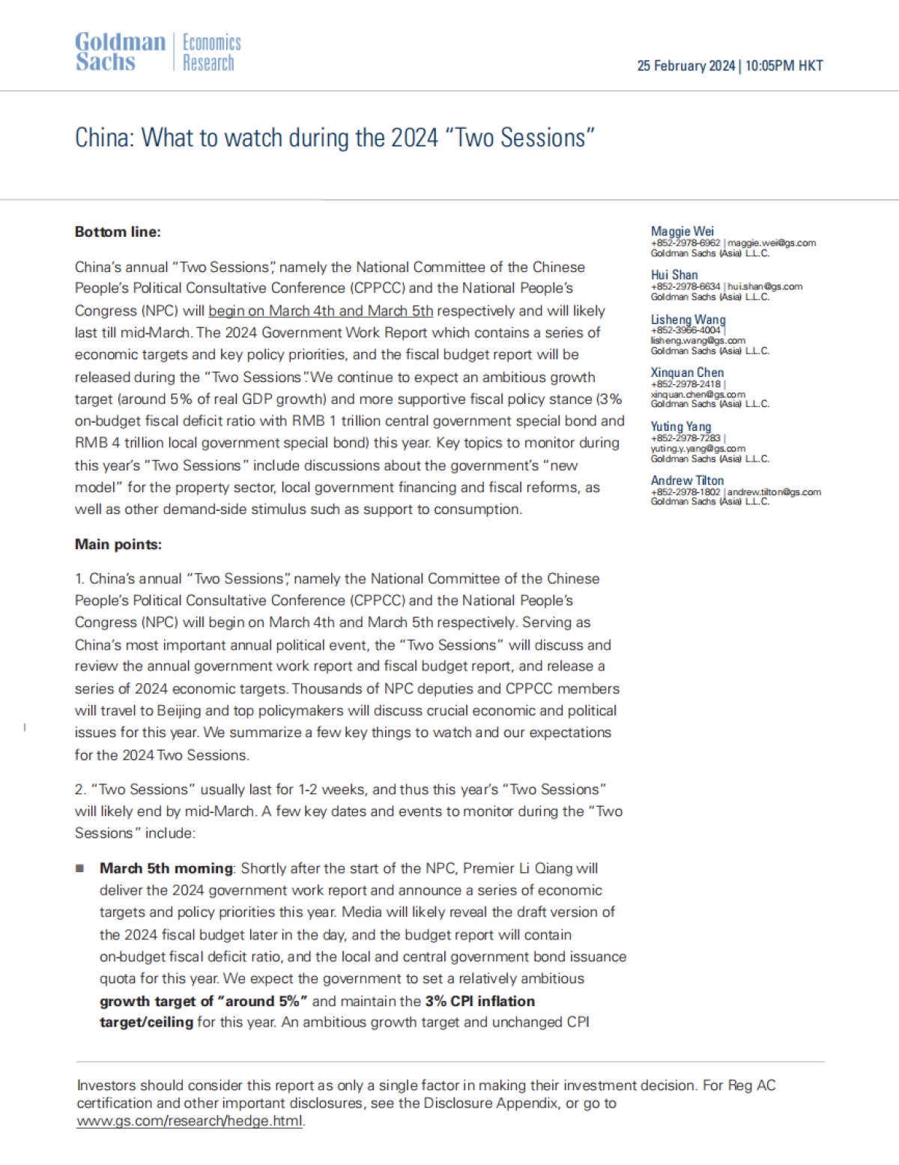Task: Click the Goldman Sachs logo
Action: point(120,52)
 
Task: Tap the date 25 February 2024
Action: point(685,66)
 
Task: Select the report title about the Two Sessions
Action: point(334,138)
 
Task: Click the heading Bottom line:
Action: point(118,232)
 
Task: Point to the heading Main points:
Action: point(118,545)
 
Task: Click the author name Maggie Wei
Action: point(682,232)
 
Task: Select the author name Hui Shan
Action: point(674,275)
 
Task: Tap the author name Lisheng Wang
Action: point(688,320)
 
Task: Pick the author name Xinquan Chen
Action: point(687,372)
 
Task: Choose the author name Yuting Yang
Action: point(680,426)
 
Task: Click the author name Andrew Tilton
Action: point(687,480)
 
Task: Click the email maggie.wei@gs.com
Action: point(772,243)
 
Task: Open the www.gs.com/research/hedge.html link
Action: point(190,1122)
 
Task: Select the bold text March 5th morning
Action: point(166,868)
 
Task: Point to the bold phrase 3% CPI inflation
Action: point(479,1001)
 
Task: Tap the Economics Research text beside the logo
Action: point(212,52)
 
